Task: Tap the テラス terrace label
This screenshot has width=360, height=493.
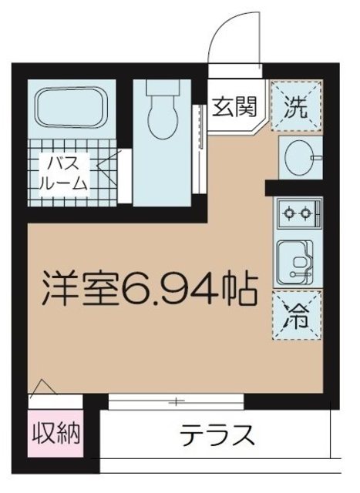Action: [217, 437]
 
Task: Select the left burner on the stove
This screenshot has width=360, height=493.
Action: [289, 211]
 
